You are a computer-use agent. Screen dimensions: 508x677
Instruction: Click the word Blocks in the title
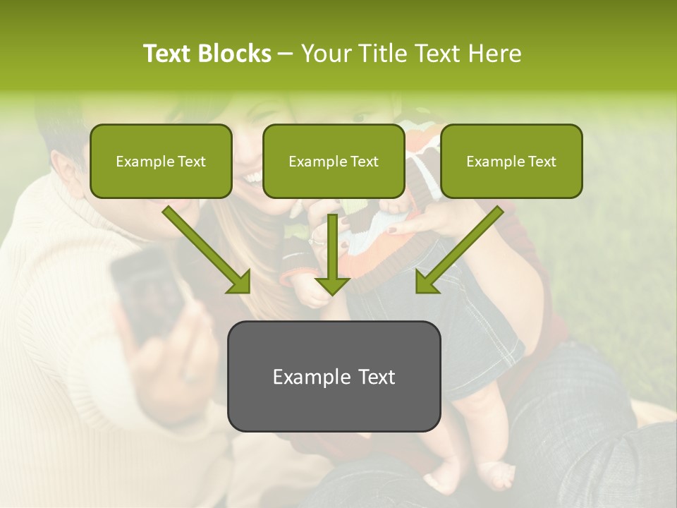(x=234, y=54)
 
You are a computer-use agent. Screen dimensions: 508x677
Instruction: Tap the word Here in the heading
(x=494, y=54)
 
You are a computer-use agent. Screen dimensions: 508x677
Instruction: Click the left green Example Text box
(x=161, y=161)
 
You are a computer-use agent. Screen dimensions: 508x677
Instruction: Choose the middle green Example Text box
(x=334, y=161)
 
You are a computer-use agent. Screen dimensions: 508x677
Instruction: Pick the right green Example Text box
(x=511, y=161)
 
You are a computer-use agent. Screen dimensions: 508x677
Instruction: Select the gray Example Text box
(x=334, y=376)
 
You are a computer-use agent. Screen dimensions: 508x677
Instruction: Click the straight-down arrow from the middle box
(x=332, y=254)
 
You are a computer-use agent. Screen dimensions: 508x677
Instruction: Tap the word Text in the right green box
(x=542, y=162)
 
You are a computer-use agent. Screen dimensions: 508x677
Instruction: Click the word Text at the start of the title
(x=166, y=54)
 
